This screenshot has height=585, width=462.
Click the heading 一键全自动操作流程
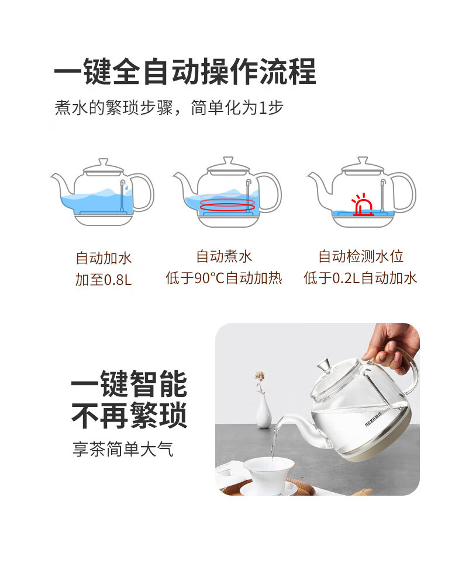click(x=185, y=71)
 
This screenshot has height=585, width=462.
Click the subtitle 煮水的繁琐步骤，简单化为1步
click(x=168, y=107)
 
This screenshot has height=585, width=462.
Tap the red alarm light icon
click(x=362, y=205)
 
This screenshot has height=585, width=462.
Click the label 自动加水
click(x=104, y=258)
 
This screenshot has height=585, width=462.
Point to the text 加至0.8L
click(x=104, y=280)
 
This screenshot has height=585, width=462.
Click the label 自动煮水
click(x=224, y=256)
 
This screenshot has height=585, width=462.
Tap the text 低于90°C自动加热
click(x=223, y=278)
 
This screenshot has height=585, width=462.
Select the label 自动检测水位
click(x=361, y=256)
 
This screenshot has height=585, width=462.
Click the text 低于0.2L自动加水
click(x=360, y=278)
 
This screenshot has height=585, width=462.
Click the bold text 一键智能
click(x=129, y=384)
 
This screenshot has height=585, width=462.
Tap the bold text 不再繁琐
click(x=129, y=415)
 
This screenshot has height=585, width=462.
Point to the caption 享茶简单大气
click(x=123, y=449)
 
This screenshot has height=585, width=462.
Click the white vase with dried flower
click(x=263, y=401)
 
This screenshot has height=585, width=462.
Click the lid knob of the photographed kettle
click(x=324, y=365)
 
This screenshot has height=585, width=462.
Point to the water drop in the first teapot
click(x=126, y=187)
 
